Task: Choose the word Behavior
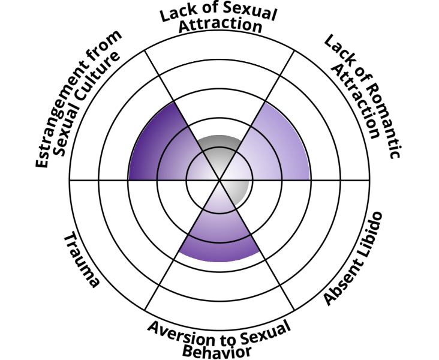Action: [x=225, y=349]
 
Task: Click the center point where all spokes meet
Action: [x=220, y=179]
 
